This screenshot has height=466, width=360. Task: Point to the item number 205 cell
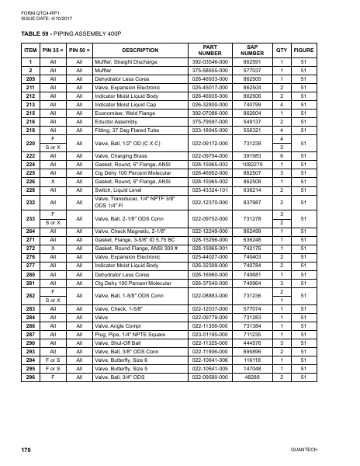click(x=31, y=78)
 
